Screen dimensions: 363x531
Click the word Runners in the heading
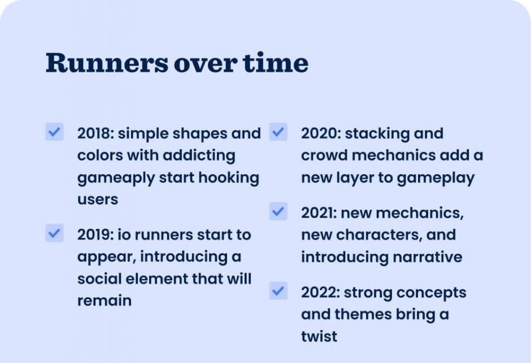[x=107, y=63]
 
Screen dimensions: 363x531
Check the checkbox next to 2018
[x=54, y=132]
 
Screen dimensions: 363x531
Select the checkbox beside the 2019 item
[x=54, y=233]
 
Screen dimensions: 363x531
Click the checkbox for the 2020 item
[x=278, y=132]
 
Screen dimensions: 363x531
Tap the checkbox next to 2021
[x=278, y=211]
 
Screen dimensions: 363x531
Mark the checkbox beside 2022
[x=278, y=291]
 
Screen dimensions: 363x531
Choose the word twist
[x=319, y=336]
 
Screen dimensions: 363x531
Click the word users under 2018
[x=97, y=200]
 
